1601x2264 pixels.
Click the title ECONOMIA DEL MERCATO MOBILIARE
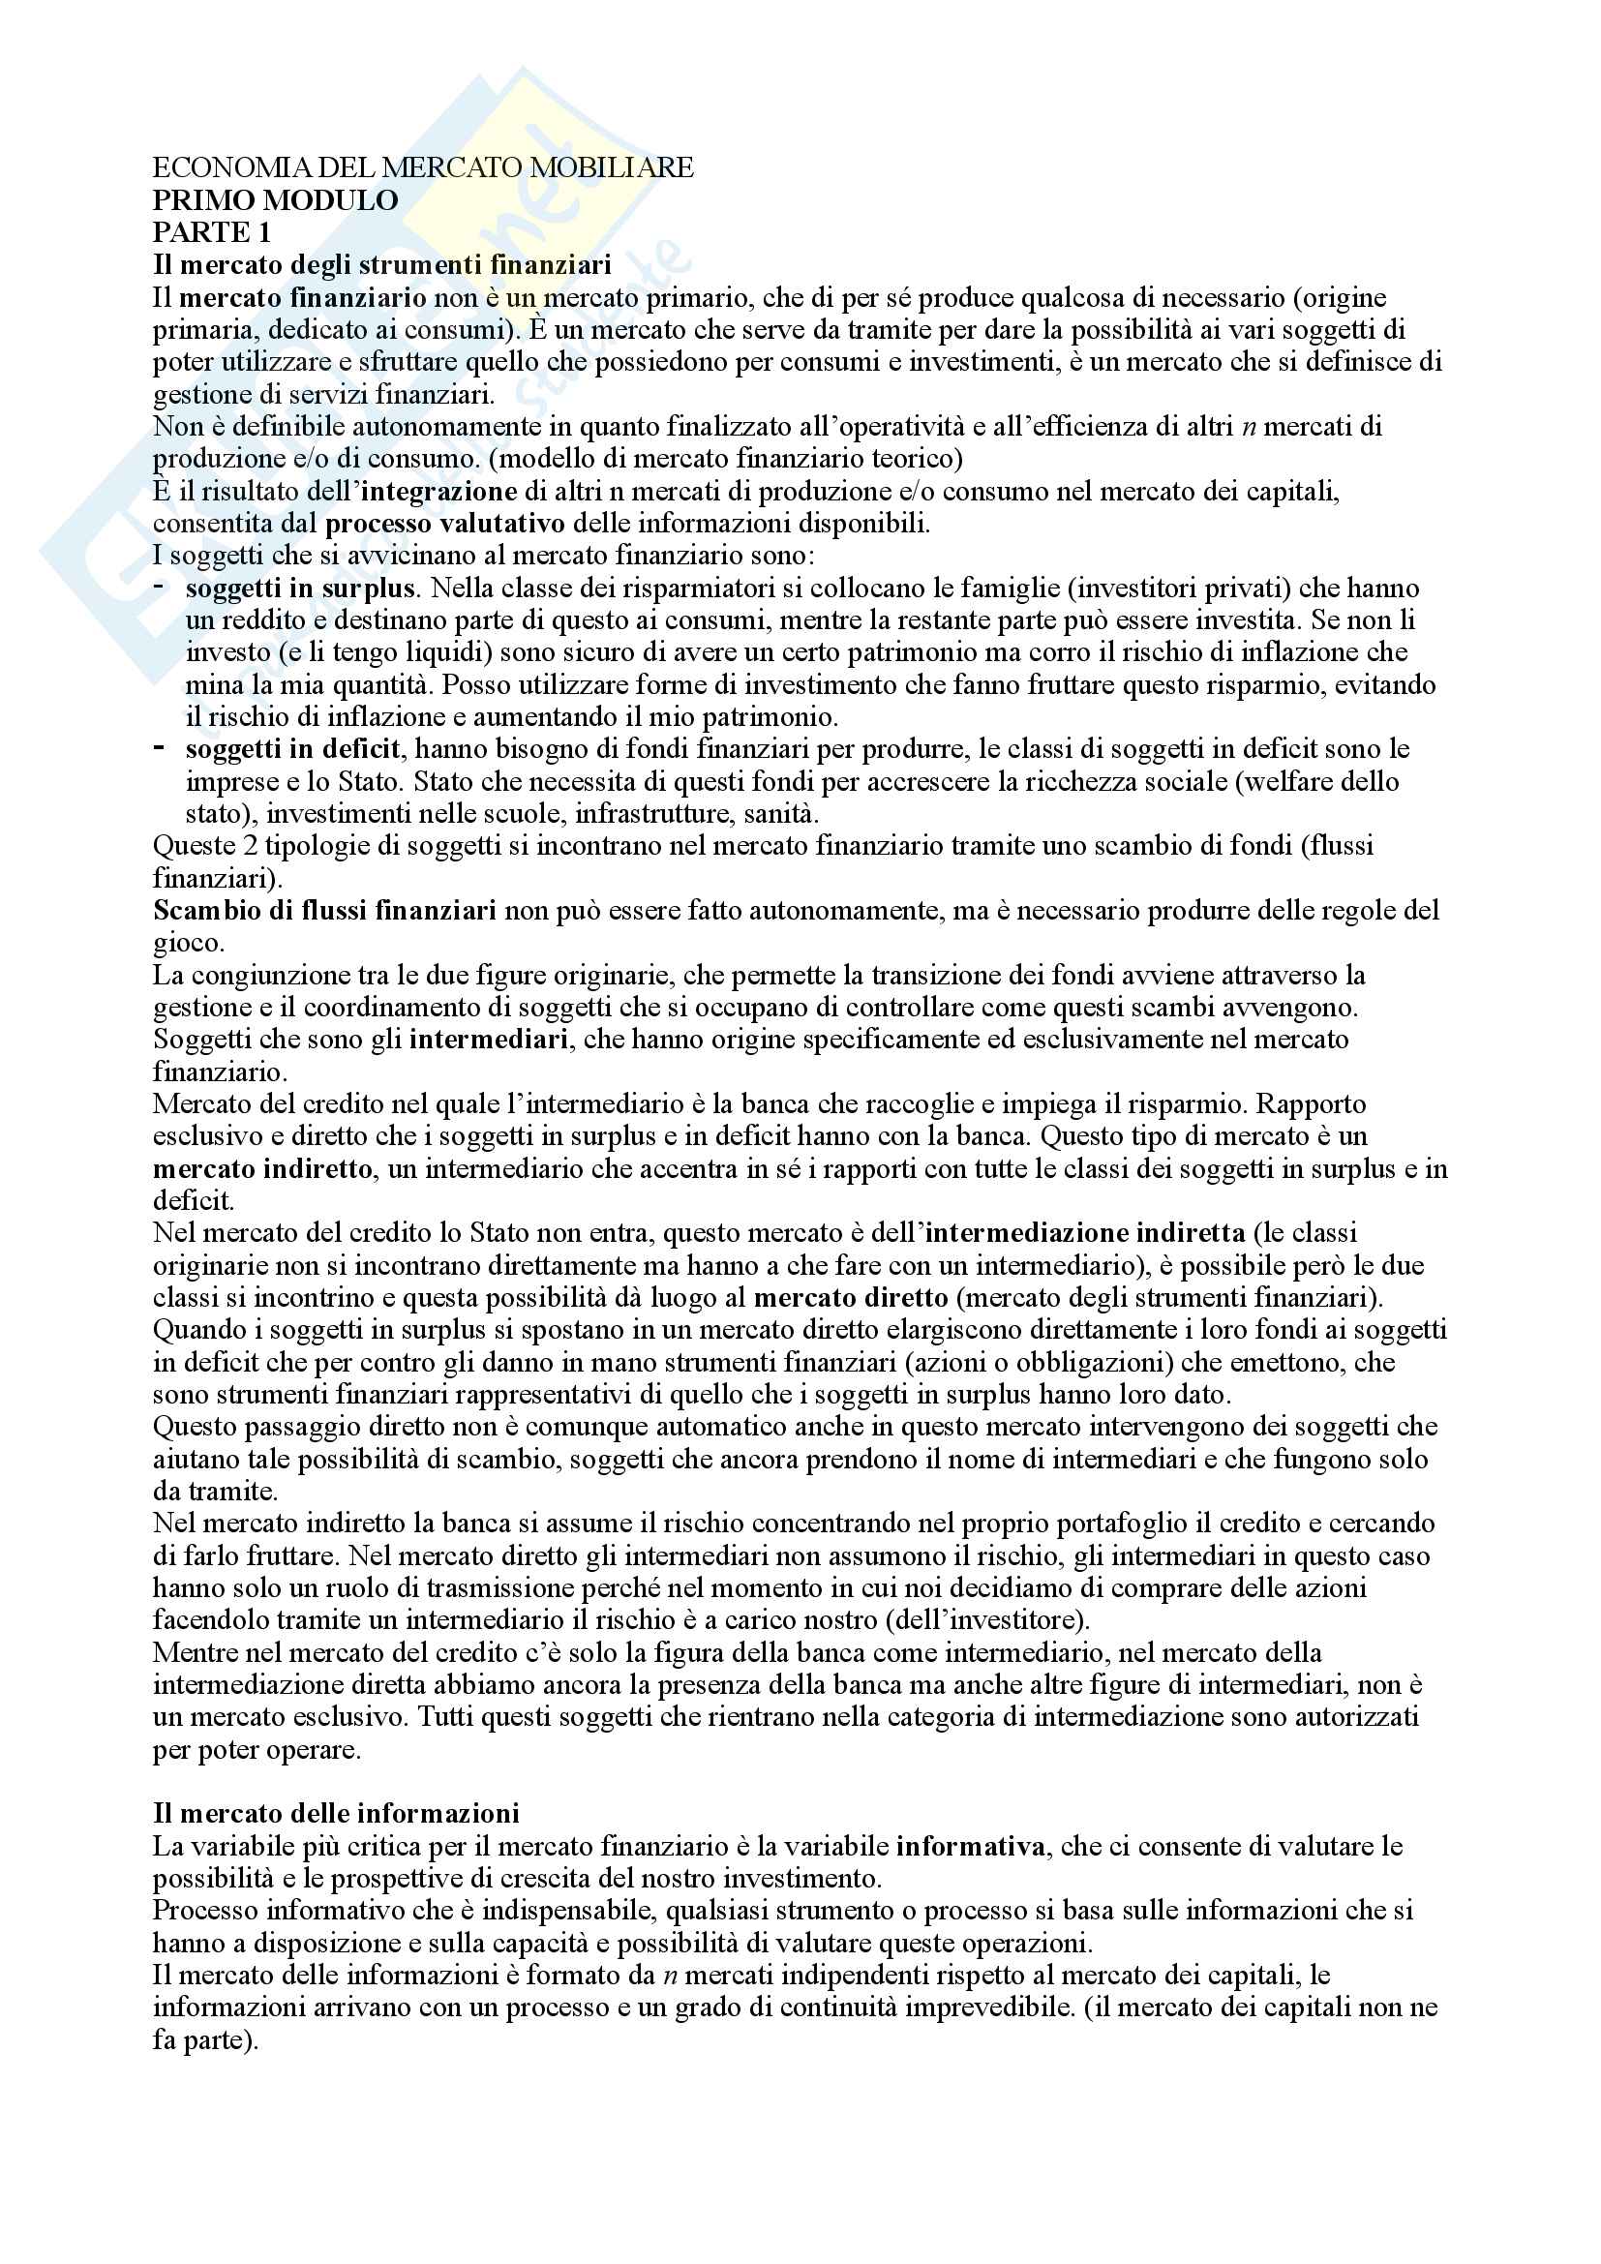pos(423,167)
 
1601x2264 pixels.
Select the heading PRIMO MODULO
pos(275,200)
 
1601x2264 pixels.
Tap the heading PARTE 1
pos(211,232)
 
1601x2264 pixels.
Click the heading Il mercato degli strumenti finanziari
pos(382,264)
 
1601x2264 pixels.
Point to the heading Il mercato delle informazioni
pos(336,1813)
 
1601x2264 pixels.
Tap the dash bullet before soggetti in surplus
pos(160,588)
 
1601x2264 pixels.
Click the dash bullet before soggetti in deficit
pos(160,748)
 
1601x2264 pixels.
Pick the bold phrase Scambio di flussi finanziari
pos(324,910)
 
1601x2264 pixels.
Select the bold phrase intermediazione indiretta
pos(1085,1232)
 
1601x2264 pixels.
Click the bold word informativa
pos(971,1846)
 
